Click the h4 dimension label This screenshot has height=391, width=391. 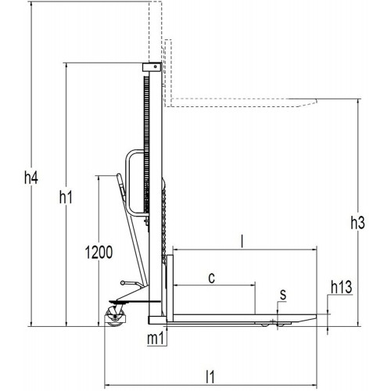tap(31, 178)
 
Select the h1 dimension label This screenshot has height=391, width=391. tap(66, 197)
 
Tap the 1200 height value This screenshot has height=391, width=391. tap(99, 252)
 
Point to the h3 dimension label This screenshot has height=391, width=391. tap(357, 223)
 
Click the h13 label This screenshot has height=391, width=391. tap(342, 287)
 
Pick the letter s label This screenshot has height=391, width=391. tap(283, 295)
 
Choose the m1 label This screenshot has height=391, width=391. tap(156, 339)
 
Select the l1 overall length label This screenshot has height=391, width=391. tap(210, 377)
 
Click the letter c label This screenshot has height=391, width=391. tap(212, 278)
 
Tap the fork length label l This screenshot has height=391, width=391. tap(242, 242)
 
